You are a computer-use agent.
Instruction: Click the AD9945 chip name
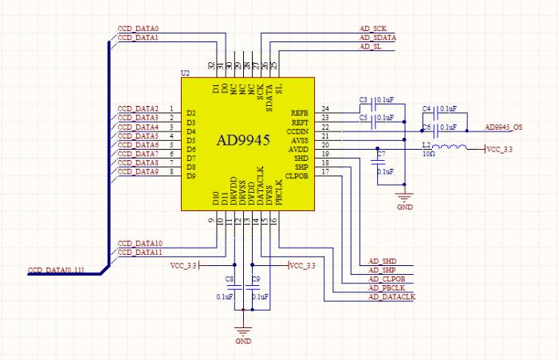244,140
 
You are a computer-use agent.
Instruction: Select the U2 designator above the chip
185,73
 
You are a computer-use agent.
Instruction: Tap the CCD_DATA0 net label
137,29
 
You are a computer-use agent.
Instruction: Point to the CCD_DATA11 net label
139,252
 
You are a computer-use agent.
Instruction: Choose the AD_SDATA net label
378,37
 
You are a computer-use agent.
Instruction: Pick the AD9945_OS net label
505,127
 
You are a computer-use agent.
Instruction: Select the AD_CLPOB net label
387,279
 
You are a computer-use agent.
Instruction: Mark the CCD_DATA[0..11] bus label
57,271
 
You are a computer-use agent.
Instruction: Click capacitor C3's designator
363,100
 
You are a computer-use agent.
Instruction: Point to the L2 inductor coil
454,147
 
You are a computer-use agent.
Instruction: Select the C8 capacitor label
230,279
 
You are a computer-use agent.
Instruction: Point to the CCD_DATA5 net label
137,136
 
